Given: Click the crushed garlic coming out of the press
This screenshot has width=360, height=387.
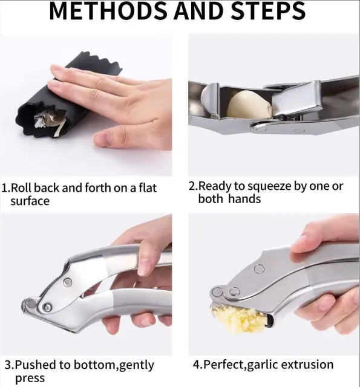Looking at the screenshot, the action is pyautogui.click(x=239, y=319).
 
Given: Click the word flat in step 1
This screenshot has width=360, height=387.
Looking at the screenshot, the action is pyautogui.click(x=148, y=187).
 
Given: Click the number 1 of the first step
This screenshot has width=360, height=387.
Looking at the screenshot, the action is pyautogui.click(x=5, y=188).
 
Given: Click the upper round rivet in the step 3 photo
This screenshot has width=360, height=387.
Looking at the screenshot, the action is pyautogui.click(x=67, y=282).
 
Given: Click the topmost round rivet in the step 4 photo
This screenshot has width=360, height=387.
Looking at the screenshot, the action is pyautogui.click(x=259, y=268).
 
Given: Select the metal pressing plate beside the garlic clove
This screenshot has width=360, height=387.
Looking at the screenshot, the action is pyautogui.click(x=296, y=99).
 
